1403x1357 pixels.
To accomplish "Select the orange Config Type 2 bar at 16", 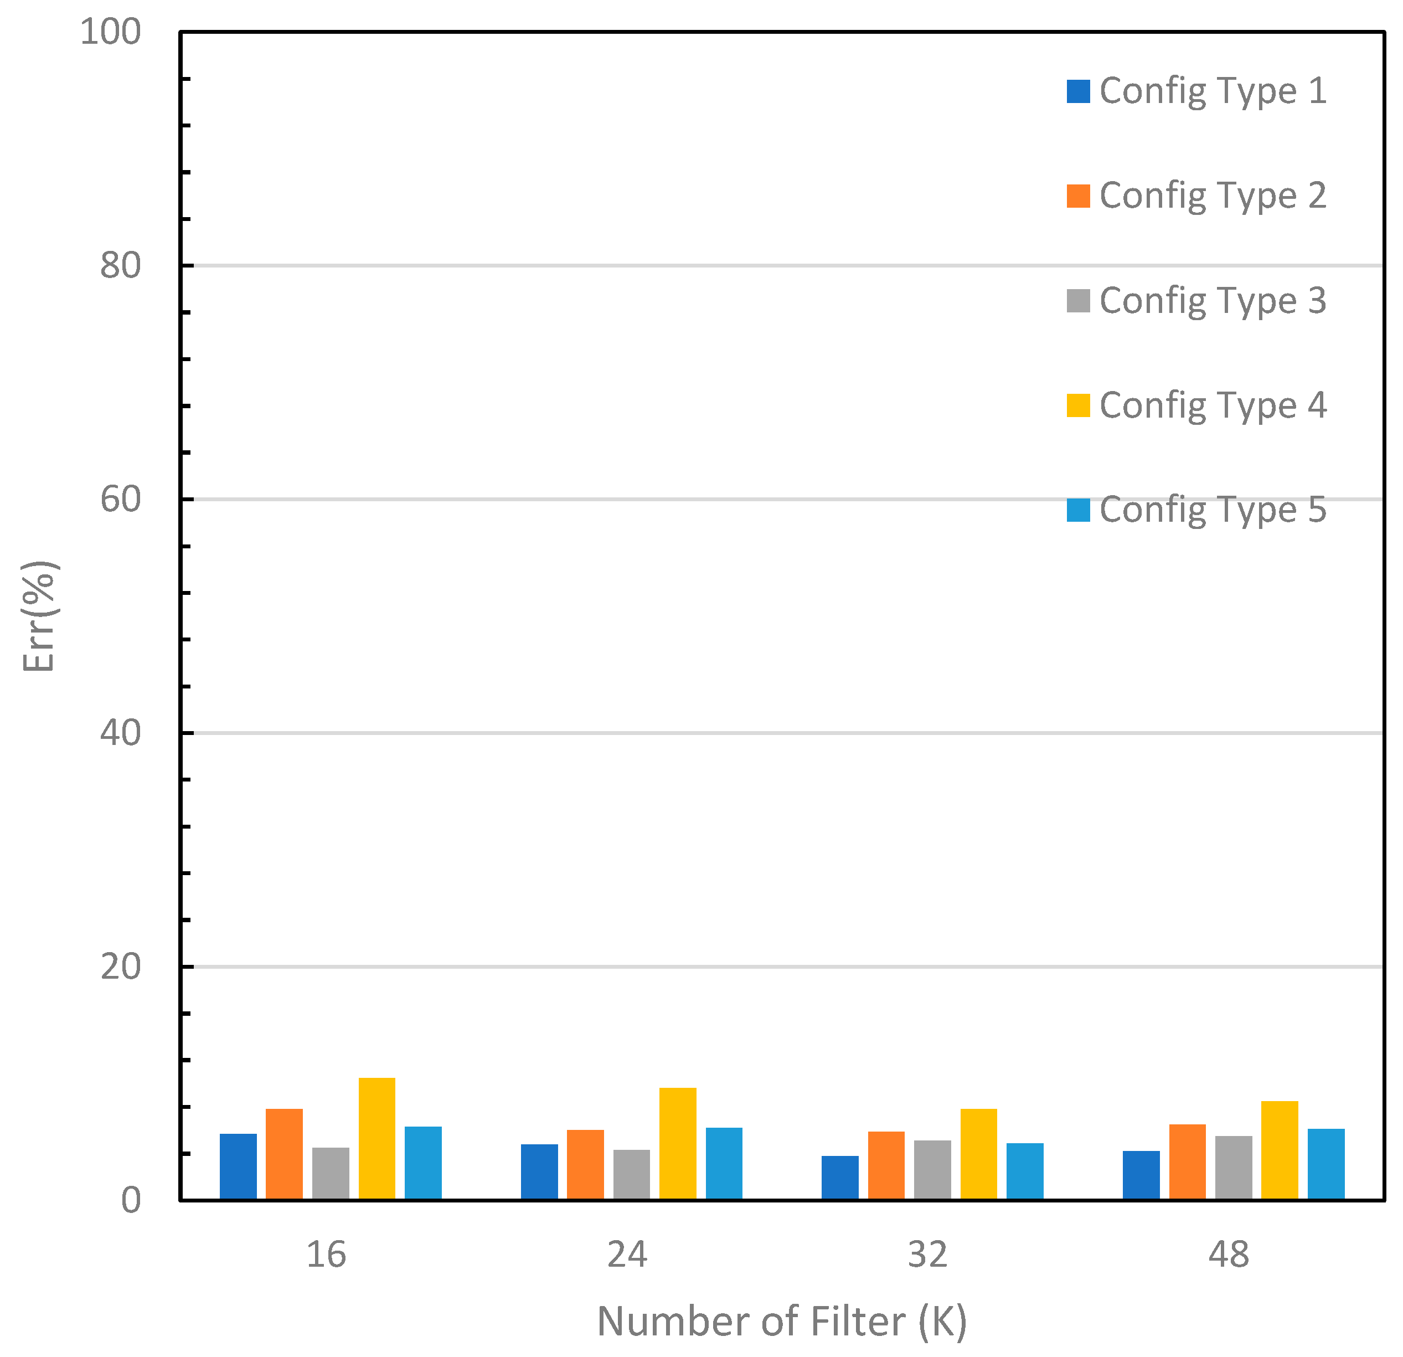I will (x=284, y=1154).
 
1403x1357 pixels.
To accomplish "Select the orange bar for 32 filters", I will (x=886, y=1165).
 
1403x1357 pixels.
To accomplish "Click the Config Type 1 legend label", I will (x=1213, y=91).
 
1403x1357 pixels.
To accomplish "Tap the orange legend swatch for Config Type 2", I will (x=1078, y=196).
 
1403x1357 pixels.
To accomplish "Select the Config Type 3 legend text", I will (x=1213, y=301).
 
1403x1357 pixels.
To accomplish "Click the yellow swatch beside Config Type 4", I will (x=1078, y=405).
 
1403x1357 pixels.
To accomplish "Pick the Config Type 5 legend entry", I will (x=1213, y=510).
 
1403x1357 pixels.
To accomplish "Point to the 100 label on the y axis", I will (x=110, y=32).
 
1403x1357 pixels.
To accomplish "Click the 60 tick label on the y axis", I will (x=120, y=499).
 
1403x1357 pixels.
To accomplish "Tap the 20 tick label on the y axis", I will (x=120, y=967).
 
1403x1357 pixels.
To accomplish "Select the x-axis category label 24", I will (x=627, y=1255).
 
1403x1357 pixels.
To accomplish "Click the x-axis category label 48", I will (x=1229, y=1255).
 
